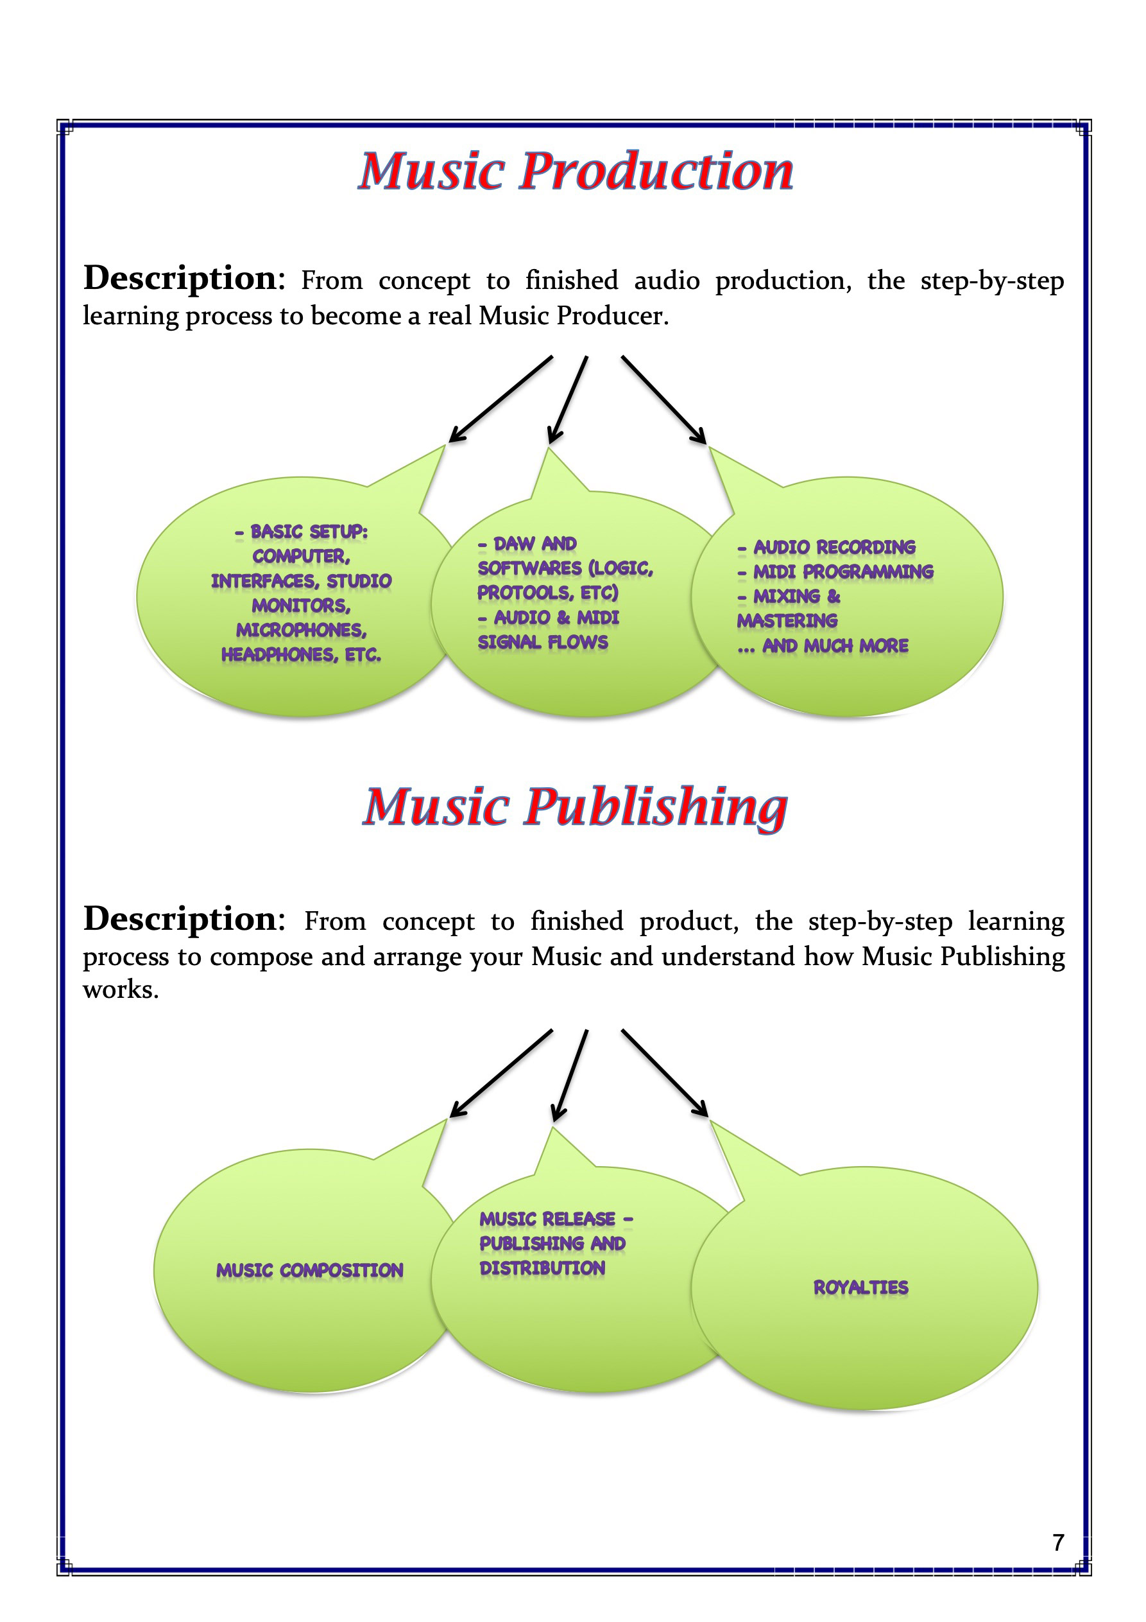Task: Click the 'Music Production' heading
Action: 576,171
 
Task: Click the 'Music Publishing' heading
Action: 575,807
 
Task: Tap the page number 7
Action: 1057,1542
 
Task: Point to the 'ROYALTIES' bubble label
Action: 860,1287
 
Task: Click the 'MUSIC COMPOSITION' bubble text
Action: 309,1270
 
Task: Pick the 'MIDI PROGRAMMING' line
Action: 843,571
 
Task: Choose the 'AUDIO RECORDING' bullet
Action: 834,547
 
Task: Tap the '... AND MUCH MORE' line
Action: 823,646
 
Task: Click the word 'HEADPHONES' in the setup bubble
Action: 280,655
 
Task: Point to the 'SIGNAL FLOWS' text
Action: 542,642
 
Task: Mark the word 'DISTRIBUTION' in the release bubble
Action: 542,1268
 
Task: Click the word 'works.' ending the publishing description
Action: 121,990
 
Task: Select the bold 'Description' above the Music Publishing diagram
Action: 180,919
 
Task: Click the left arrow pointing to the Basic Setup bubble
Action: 500,399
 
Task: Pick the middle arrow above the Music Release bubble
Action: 570,1075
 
